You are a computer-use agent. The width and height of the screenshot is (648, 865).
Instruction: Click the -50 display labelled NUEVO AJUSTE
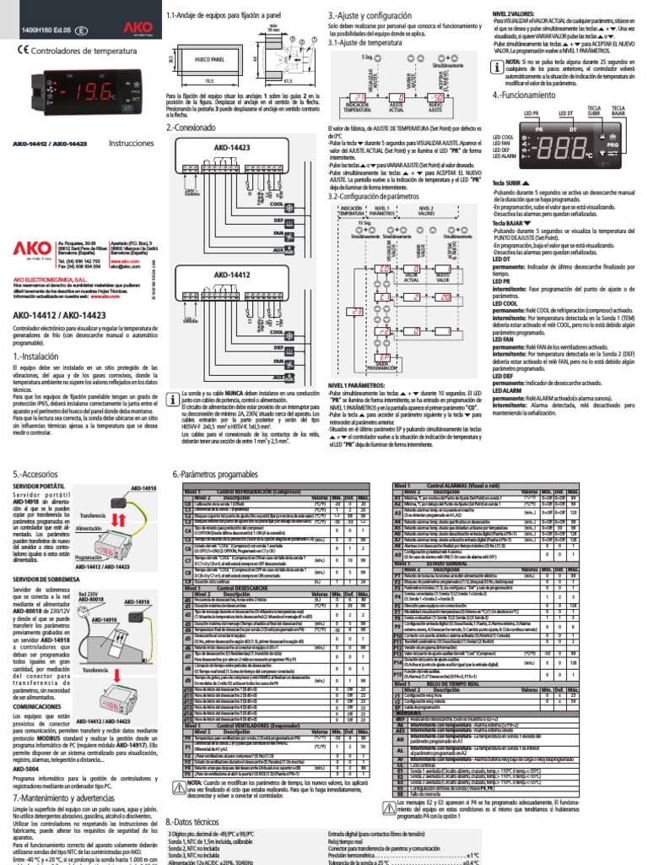tap(435, 97)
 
